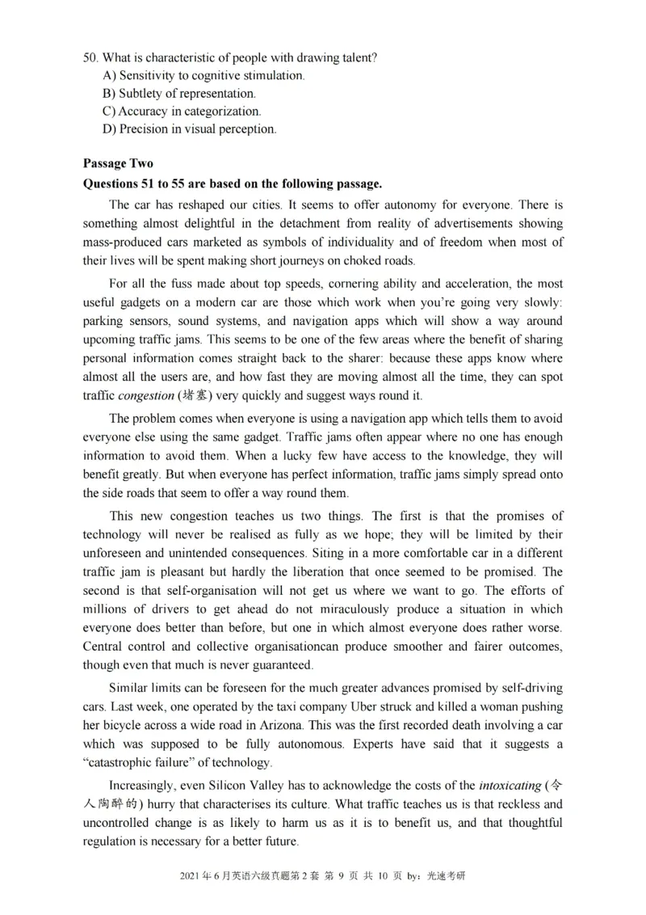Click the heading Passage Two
pos(118,163)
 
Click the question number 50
pos(90,57)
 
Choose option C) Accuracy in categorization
pos(182,111)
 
